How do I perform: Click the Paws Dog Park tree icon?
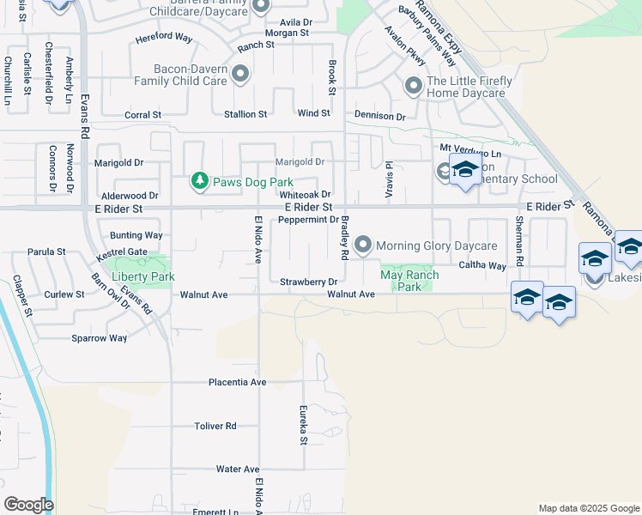199,181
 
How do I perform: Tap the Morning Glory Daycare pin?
363,245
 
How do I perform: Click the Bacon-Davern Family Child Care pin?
240,74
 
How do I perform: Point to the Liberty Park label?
143,276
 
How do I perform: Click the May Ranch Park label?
409,281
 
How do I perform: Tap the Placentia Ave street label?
214,382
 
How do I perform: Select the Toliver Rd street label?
215,426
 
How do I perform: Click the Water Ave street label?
238,470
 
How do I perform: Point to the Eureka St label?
303,426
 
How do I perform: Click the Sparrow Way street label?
100,338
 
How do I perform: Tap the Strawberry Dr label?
309,282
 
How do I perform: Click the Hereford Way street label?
164,38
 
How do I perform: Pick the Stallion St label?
245,114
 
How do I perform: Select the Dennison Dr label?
379,116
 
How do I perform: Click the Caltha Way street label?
482,266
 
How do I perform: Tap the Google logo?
28,505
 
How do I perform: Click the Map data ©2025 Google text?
588,508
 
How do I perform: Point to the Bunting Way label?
136,235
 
